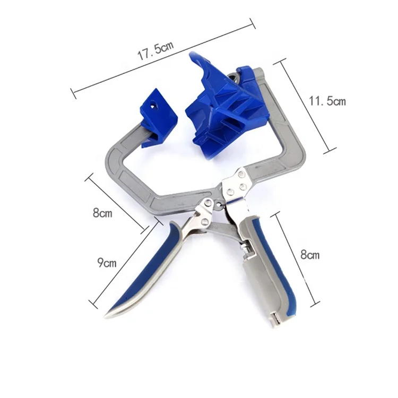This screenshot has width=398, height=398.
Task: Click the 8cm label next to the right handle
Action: tap(310, 255)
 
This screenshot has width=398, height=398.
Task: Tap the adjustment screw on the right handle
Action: tap(245, 247)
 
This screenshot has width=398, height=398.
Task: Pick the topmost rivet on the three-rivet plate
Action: tap(242, 174)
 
